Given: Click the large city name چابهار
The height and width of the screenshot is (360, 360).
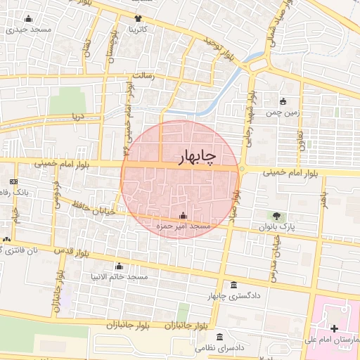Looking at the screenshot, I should [x=188, y=156].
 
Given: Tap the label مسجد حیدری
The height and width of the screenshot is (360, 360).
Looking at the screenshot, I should [x=28, y=30].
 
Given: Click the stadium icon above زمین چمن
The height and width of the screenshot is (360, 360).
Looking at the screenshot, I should [x=283, y=101].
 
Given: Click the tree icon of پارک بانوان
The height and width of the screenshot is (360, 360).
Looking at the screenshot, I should [x=278, y=215].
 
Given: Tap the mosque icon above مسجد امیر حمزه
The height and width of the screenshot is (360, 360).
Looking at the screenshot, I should [x=184, y=214].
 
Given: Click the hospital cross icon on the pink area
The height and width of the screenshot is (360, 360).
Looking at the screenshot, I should [x=333, y=328].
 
